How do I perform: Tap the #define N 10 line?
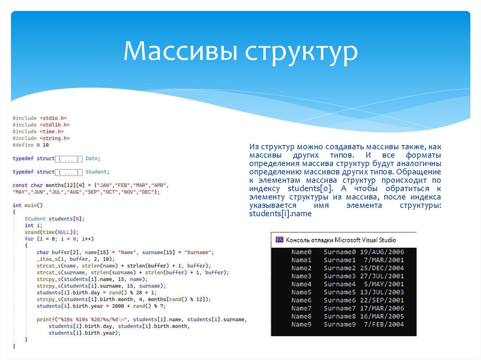pos(31,145)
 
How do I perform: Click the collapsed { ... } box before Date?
pos(69,159)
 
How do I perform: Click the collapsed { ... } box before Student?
pos(69,172)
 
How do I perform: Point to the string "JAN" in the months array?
pos(102,185)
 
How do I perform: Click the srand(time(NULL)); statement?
pos(51,232)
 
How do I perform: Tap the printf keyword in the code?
pos(45,320)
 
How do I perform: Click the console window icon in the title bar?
pos(279,239)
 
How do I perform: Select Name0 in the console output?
pos(301,252)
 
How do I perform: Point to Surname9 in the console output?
pos(340,324)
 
